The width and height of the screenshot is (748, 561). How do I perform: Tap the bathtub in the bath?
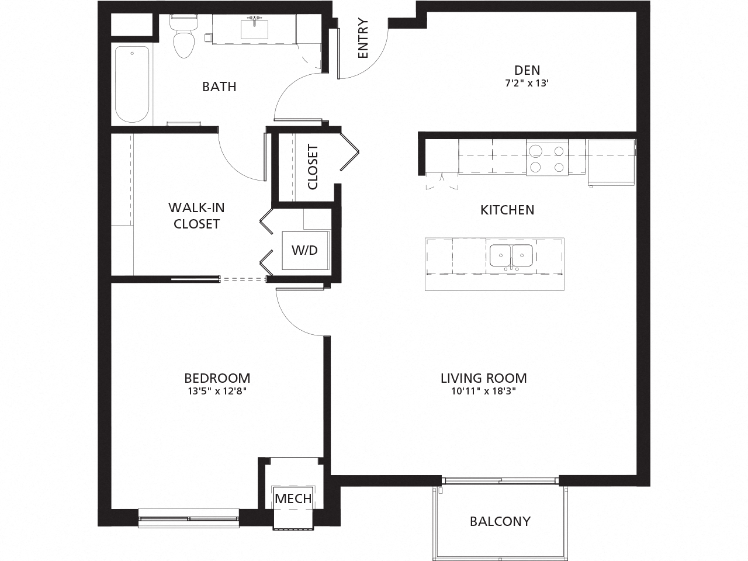click(x=132, y=84)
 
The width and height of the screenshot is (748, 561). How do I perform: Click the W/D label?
click(x=304, y=250)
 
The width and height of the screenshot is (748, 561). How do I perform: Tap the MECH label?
click(x=293, y=499)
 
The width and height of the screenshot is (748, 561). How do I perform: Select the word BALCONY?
click(x=500, y=521)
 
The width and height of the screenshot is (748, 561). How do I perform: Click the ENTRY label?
click(x=363, y=39)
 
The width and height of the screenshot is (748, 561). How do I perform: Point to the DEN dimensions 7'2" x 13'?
click(x=527, y=84)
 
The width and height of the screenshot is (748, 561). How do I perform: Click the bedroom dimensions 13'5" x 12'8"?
click(x=217, y=392)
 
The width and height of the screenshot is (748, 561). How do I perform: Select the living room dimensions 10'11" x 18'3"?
click(x=483, y=392)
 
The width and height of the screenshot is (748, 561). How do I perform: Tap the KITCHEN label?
click(x=507, y=210)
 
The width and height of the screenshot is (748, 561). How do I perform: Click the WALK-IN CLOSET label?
click(x=196, y=216)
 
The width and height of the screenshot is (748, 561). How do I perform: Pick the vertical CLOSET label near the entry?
click(x=313, y=167)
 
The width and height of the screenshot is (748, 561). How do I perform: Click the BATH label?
click(x=219, y=87)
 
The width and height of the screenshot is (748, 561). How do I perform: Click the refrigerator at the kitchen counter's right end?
click(x=611, y=162)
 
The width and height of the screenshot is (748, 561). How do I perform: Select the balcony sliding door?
click(x=501, y=481)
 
